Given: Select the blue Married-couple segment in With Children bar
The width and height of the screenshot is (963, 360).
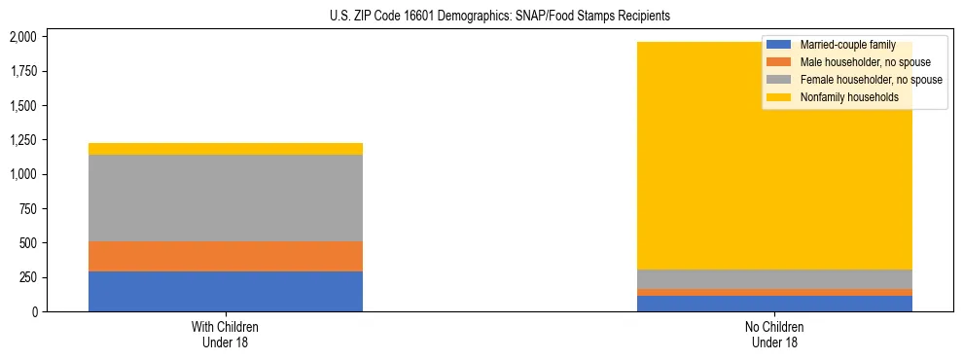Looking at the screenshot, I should click(226, 291).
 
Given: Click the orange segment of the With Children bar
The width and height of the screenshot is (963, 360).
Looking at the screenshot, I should click(226, 256).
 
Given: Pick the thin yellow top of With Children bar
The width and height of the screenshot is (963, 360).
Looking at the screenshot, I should click(226, 149).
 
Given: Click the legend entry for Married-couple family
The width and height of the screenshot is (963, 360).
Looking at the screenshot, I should click(845, 45).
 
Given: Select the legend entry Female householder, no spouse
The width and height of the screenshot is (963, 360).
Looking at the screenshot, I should click(871, 80).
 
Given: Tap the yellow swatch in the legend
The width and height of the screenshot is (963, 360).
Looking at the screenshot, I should click(778, 97).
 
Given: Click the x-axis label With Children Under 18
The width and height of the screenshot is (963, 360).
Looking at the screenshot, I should click(226, 335).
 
